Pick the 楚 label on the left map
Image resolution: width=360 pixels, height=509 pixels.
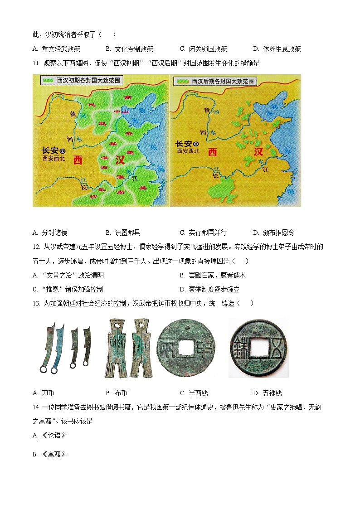(x=130, y=153)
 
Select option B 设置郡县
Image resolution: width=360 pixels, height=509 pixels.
(x=123, y=233)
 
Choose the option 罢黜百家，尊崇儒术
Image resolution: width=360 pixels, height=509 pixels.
(x=213, y=275)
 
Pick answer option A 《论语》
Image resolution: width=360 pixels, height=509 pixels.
(x=50, y=435)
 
